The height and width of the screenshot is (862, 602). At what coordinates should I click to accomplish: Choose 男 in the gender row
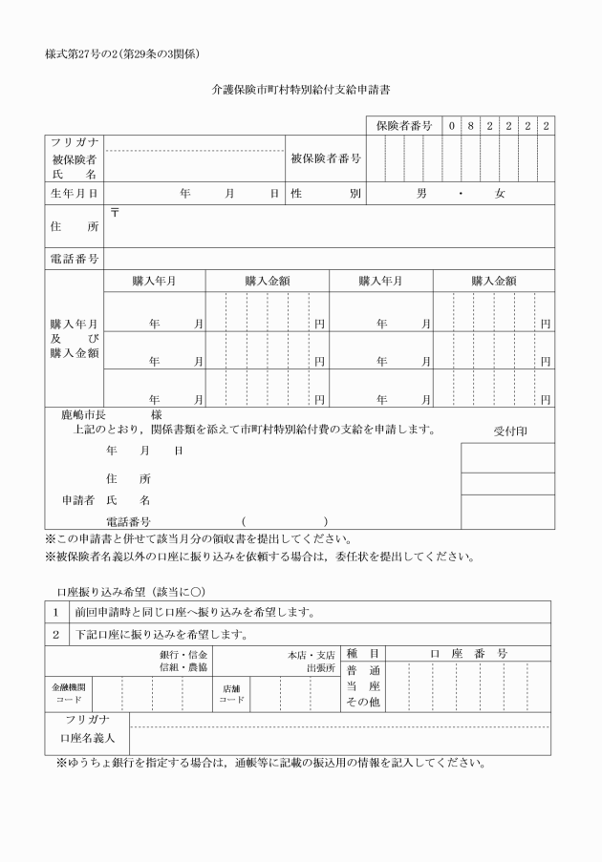(422, 193)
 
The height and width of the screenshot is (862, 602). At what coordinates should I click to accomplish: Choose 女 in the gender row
(499, 193)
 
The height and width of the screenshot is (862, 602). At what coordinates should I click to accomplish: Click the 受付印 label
(509, 431)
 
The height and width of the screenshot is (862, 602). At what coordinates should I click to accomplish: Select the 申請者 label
(71, 499)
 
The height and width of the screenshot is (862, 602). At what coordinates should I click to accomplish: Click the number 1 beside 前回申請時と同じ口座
(55, 612)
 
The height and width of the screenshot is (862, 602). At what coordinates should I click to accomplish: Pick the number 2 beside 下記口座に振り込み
(55, 635)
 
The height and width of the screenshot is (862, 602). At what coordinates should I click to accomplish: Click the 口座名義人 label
(86, 738)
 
